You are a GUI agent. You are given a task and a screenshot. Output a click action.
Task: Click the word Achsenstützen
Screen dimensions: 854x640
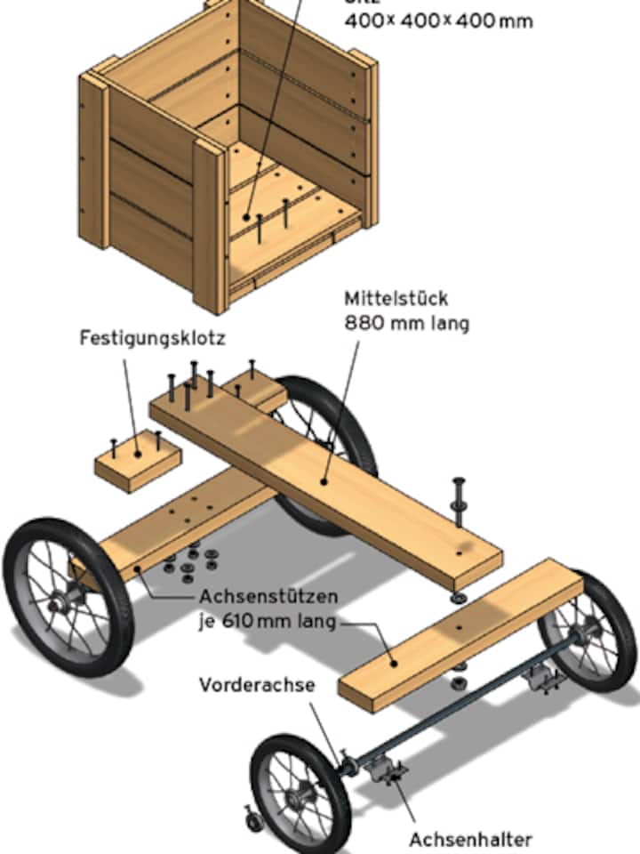[x=251, y=596]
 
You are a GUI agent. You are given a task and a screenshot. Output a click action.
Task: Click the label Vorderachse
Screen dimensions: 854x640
[x=251, y=685]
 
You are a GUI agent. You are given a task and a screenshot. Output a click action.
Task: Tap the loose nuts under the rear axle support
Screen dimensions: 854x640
[x=191, y=560]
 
